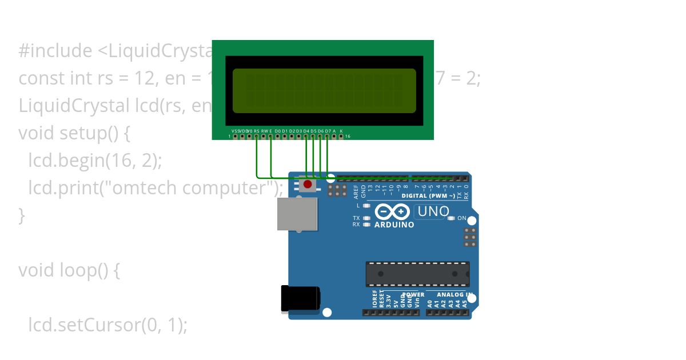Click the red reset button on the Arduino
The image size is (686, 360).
(x=308, y=185)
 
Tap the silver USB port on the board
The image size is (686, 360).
(x=297, y=214)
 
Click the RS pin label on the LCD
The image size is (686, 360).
(x=257, y=131)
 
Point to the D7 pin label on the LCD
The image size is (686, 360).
(x=328, y=131)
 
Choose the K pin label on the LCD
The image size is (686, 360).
(x=341, y=131)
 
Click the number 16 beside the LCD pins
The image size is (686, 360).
(x=348, y=137)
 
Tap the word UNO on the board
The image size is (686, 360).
(x=433, y=211)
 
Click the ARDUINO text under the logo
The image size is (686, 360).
(x=394, y=225)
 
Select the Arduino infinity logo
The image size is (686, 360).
(x=392, y=212)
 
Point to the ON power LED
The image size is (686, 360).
(x=451, y=218)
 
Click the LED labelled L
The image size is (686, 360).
(x=366, y=205)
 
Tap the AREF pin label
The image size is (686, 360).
(x=356, y=190)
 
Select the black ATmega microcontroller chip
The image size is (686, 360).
(x=417, y=274)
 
